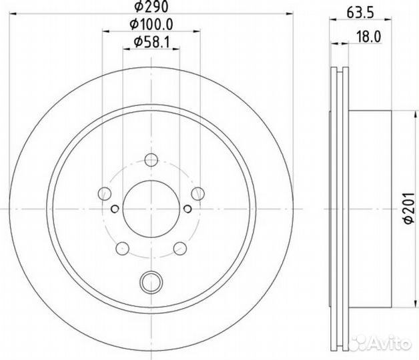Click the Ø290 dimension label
151,6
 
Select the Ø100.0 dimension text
151,24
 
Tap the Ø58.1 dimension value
151,42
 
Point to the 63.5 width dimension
360,13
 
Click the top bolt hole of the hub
151,160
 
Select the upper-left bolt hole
105,193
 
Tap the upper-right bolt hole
198,193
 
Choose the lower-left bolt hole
123,249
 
